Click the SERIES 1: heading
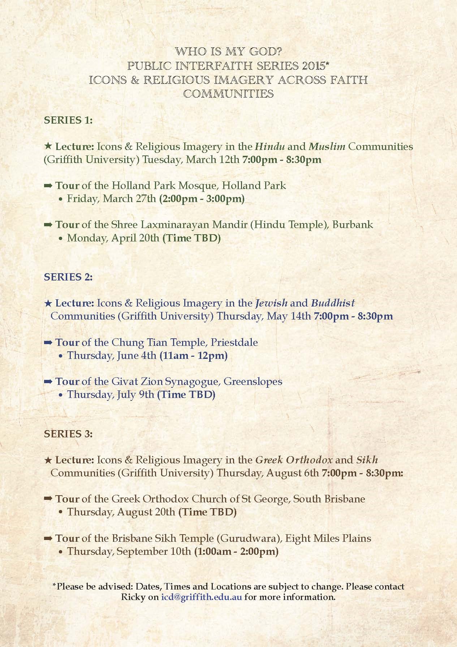[x=68, y=120]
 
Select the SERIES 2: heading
[x=68, y=277]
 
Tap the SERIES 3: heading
[x=68, y=434]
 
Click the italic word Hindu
[x=270, y=147]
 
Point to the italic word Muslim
[x=327, y=147]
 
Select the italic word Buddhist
[x=333, y=303]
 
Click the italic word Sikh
[x=367, y=460]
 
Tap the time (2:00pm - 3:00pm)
[x=202, y=199]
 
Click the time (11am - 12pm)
[x=193, y=356]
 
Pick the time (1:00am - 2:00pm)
[x=236, y=552]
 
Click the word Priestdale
[x=234, y=342]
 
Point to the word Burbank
[x=353, y=224]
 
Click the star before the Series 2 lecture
[x=48, y=303]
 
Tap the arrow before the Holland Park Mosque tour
[x=48, y=186]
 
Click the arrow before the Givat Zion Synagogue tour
[x=48, y=382]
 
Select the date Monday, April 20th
[x=113, y=238]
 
